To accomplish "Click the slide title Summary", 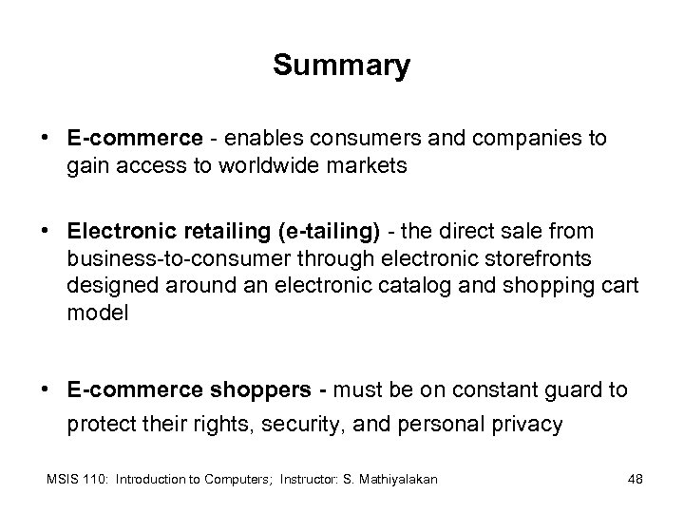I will click(341, 66).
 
